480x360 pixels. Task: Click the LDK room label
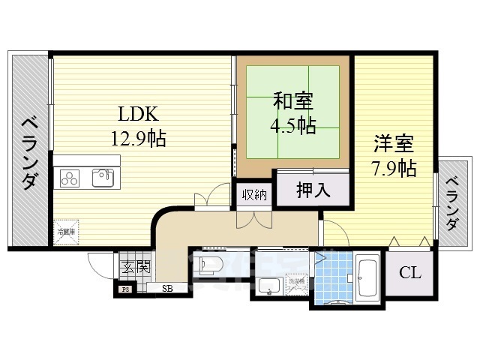(136, 115)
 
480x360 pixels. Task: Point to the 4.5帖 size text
(292, 124)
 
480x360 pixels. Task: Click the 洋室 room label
(393, 142)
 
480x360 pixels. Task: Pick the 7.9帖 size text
(393, 167)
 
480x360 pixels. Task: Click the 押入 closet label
(313, 190)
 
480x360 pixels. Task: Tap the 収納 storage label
(254, 194)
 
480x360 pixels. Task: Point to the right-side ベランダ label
(453, 203)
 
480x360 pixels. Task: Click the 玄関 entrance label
(135, 265)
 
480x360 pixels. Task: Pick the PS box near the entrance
(125, 287)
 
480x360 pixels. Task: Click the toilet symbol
(210, 264)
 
